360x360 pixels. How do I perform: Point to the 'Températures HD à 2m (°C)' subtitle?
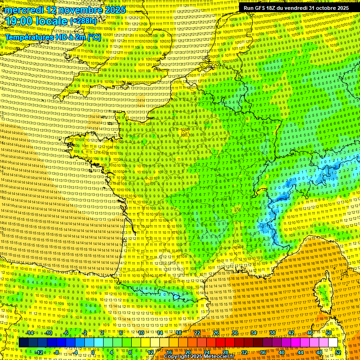click(52, 37)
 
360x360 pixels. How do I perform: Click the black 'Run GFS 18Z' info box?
click(295, 8)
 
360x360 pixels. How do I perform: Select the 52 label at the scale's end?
click(338, 352)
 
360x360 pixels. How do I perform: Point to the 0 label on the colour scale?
click(93, 352)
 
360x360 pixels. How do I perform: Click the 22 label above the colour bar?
click(197, 333)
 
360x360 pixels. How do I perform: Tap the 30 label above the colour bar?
click(235, 333)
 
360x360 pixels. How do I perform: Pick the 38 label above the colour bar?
click(272, 333)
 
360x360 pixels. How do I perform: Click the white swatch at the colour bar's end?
click(333, 343)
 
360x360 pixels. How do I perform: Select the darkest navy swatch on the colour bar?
click(23, 343)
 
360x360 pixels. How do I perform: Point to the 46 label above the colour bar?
click(310, 333)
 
